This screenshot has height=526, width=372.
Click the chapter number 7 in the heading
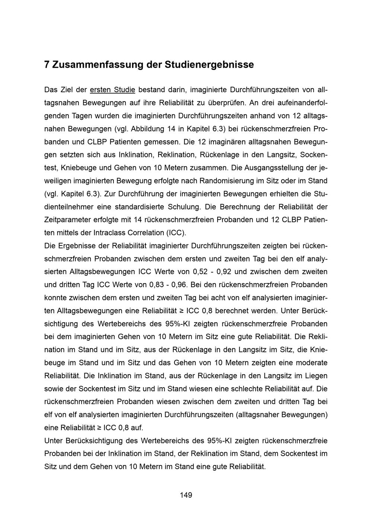coord(46,65)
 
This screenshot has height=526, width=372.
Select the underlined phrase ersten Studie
coord(112,90)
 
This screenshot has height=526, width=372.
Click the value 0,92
coord(224,272)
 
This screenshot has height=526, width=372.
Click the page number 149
coord(186,495)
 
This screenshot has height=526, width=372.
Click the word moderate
coord(312,363)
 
